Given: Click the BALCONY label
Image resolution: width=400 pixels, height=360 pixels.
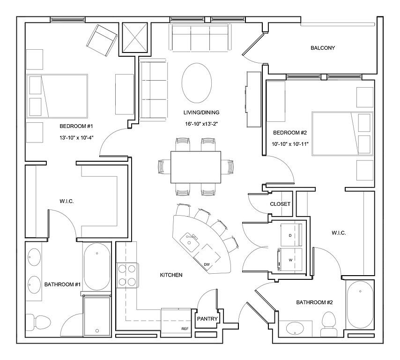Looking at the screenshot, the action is pos(323,48).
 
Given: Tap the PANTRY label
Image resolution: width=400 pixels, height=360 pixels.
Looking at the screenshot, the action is pos(207,319).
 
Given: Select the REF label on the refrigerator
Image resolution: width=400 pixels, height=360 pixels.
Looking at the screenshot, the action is pos(185,329).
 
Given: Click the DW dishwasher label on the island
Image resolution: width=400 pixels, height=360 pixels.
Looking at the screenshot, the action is pos(207,264).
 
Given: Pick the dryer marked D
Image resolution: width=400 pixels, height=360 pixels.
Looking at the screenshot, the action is pos(291,235).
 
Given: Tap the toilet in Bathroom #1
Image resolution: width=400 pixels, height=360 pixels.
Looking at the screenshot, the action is pos(38,322).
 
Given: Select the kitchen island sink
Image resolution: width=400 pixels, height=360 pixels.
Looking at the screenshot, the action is pos(190,242).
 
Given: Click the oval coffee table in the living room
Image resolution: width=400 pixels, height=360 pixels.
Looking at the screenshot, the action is pos(197,83).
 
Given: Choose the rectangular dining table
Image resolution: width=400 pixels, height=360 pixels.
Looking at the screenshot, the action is pos(196,167).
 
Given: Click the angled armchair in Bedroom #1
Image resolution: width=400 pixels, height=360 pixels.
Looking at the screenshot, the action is pos(102,40).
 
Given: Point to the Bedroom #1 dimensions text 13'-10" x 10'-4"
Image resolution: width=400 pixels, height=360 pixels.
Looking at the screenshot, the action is pos(76,138).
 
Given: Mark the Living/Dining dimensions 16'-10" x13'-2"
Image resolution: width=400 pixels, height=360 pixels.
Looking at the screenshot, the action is pos(201,124).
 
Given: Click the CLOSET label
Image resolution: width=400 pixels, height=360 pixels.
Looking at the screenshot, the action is pos(280,204).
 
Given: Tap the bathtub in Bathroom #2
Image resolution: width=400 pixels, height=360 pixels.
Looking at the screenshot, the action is pos(360,305).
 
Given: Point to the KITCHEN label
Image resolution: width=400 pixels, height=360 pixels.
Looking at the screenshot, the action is pos(171,275).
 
